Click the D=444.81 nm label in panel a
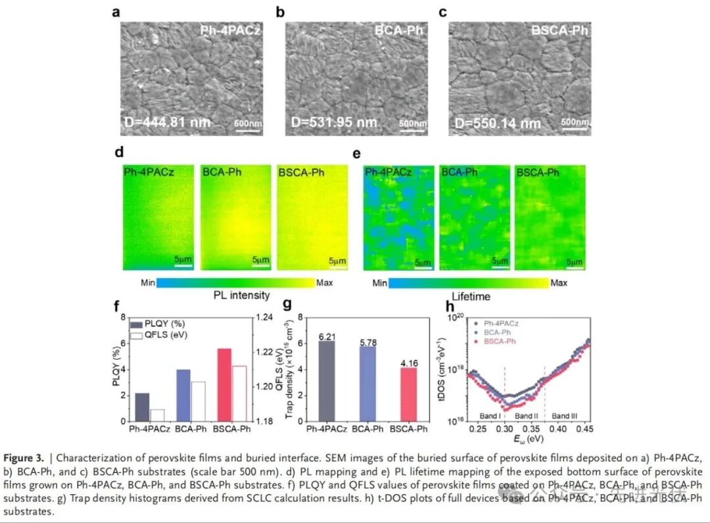pyautogui.click(x=168, y=122)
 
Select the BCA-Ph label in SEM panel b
pyautogui.click(x=400, y=30)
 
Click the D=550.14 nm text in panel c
pyautogui.click(x=498, y=123)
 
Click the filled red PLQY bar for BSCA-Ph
pyautogui.click(x=224, y=384)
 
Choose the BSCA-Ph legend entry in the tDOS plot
pyautogui.click(x=500, y=342)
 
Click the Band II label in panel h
pyautogui.click(x=527, y=416)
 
